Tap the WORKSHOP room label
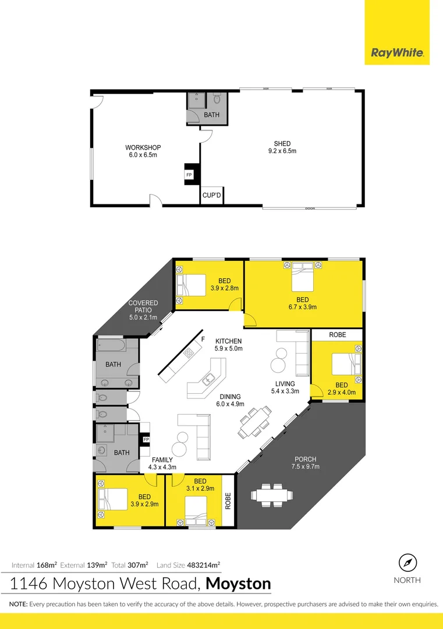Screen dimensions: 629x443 tap(143, 151)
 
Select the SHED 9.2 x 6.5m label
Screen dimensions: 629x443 tap(282, 147)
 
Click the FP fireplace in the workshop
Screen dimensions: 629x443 tap(189, 175)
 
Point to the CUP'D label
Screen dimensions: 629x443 tap(211, 196)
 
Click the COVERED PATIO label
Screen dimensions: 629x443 tap(143, 309)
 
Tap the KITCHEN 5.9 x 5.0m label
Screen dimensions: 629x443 tap(228, 345)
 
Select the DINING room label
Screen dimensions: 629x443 tap(229, 400)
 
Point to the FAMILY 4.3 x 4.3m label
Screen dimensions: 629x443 tap(162, 464)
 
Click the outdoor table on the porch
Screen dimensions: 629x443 tap(271, 495)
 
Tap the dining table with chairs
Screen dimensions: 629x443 tap(255, 421)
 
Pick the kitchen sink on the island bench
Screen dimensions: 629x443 tap(207, 380)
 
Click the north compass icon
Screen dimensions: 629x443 tap(408, 563)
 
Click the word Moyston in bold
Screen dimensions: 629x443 tap(239, 583)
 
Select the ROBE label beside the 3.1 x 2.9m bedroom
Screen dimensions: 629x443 tap(228, 500)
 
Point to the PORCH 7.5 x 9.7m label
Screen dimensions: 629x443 tap(305, 462)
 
